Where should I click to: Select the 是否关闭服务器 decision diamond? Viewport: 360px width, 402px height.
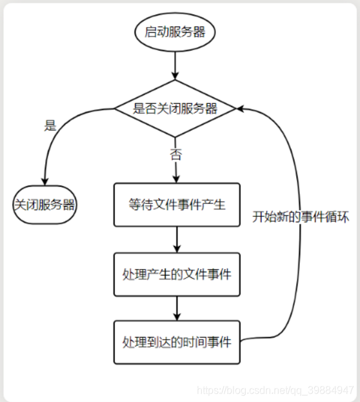click(175, 108)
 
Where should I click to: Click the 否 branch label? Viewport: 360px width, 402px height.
click(175, 155)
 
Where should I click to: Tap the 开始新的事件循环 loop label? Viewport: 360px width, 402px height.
click(301, 217)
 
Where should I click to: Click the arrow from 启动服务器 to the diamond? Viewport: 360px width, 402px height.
click(176, 65)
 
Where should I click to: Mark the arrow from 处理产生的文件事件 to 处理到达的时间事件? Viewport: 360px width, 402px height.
click(176, 308)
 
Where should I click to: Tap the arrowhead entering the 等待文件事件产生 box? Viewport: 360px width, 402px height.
click(176, 179)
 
